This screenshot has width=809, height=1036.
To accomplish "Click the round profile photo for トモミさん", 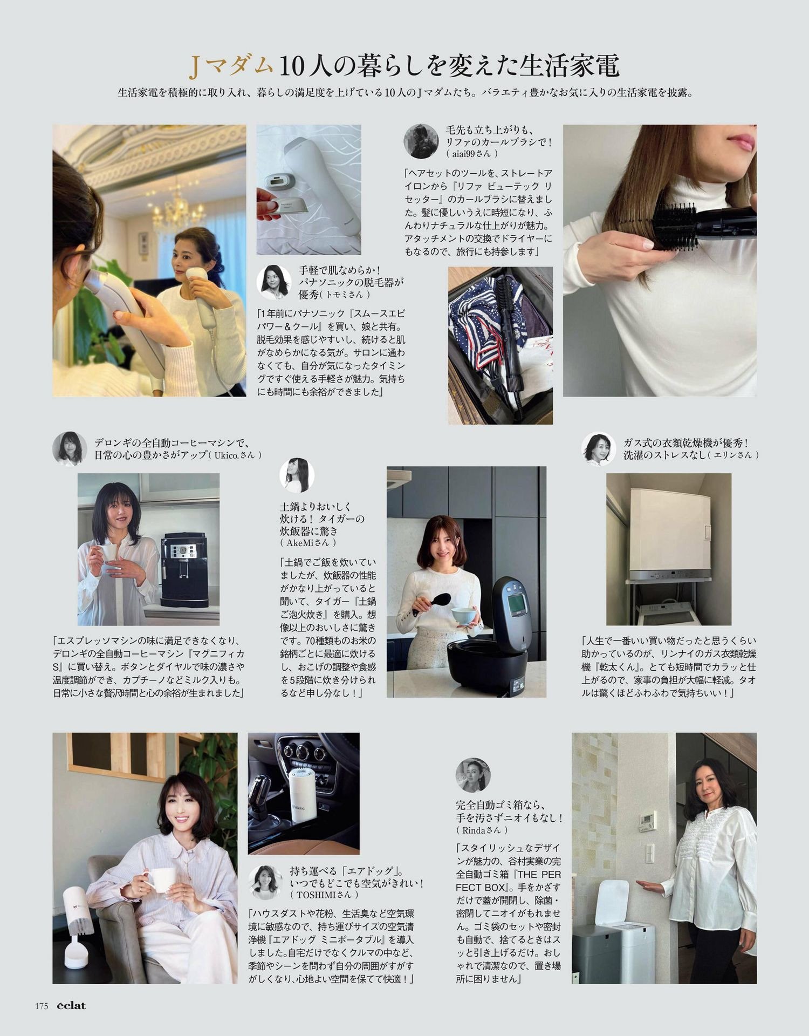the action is point(276,282).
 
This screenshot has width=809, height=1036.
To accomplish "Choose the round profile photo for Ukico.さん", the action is point(70,448).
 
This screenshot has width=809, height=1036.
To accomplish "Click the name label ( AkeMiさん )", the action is point(308,542).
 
